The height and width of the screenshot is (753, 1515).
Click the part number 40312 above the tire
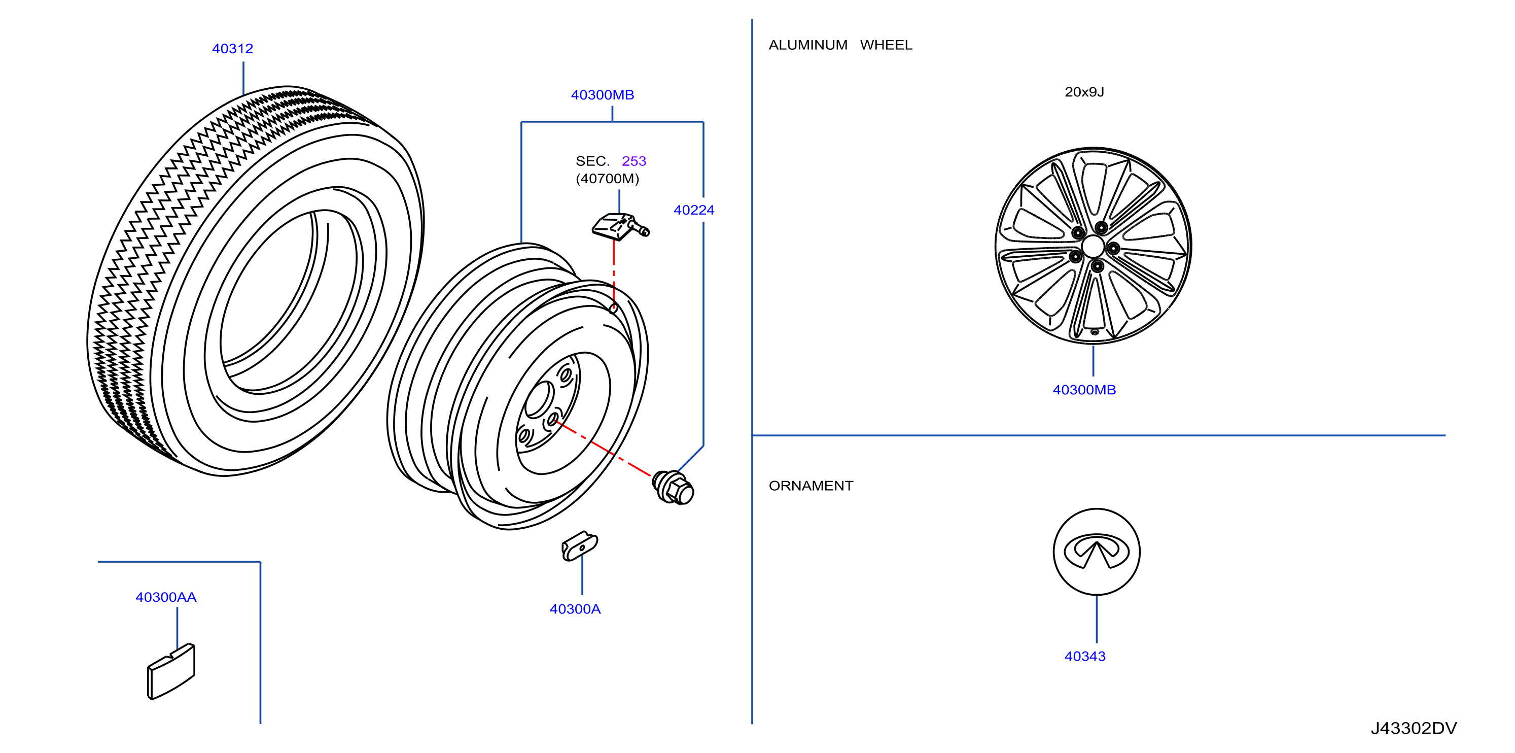tap(232, 49)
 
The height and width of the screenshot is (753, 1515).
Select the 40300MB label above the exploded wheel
tap(602, 95)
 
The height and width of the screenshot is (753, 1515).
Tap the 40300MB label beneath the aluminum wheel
tap(1084, 390)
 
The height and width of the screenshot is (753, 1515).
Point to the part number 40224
tap(694, 211)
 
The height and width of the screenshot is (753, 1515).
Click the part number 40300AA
tap(166, 598)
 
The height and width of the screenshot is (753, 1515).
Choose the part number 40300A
tap(575, 609)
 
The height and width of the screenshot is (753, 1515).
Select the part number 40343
tap(1085, 657)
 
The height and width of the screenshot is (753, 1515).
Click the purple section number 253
tap(634, 161)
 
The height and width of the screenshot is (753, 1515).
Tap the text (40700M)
tap(608, 179)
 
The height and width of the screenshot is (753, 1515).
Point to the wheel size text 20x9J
tap(1084, 92)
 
